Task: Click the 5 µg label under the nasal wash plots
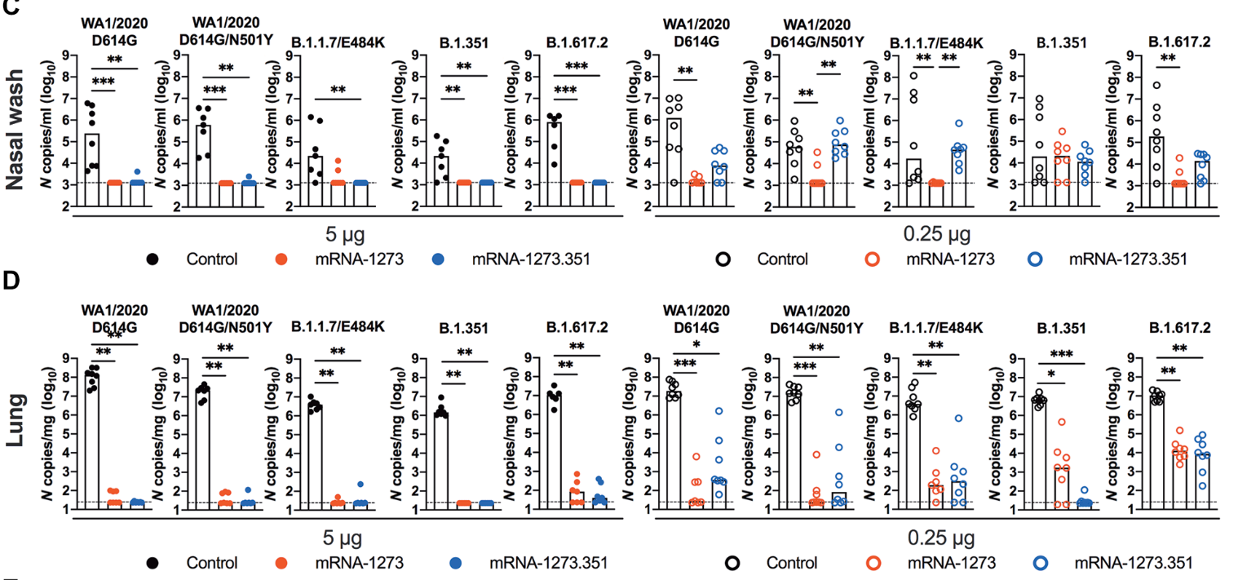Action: [x=340, y=236]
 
